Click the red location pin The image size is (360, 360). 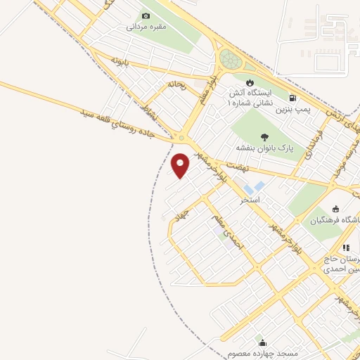pos(181,165)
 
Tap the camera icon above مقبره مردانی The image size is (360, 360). pos(146,15)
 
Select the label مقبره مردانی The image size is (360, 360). pos(146,27)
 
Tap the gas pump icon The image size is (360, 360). pos(292,98)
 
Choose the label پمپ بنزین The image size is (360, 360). pos(292,110)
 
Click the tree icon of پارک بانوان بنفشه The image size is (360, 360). pos(264,138)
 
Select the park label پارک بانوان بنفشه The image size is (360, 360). pos(264,149)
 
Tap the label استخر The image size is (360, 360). pos(250,200)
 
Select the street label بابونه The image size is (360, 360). pos(117,62)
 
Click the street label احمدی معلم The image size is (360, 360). pos(229,234)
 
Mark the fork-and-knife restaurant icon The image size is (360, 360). pos(345,247)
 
